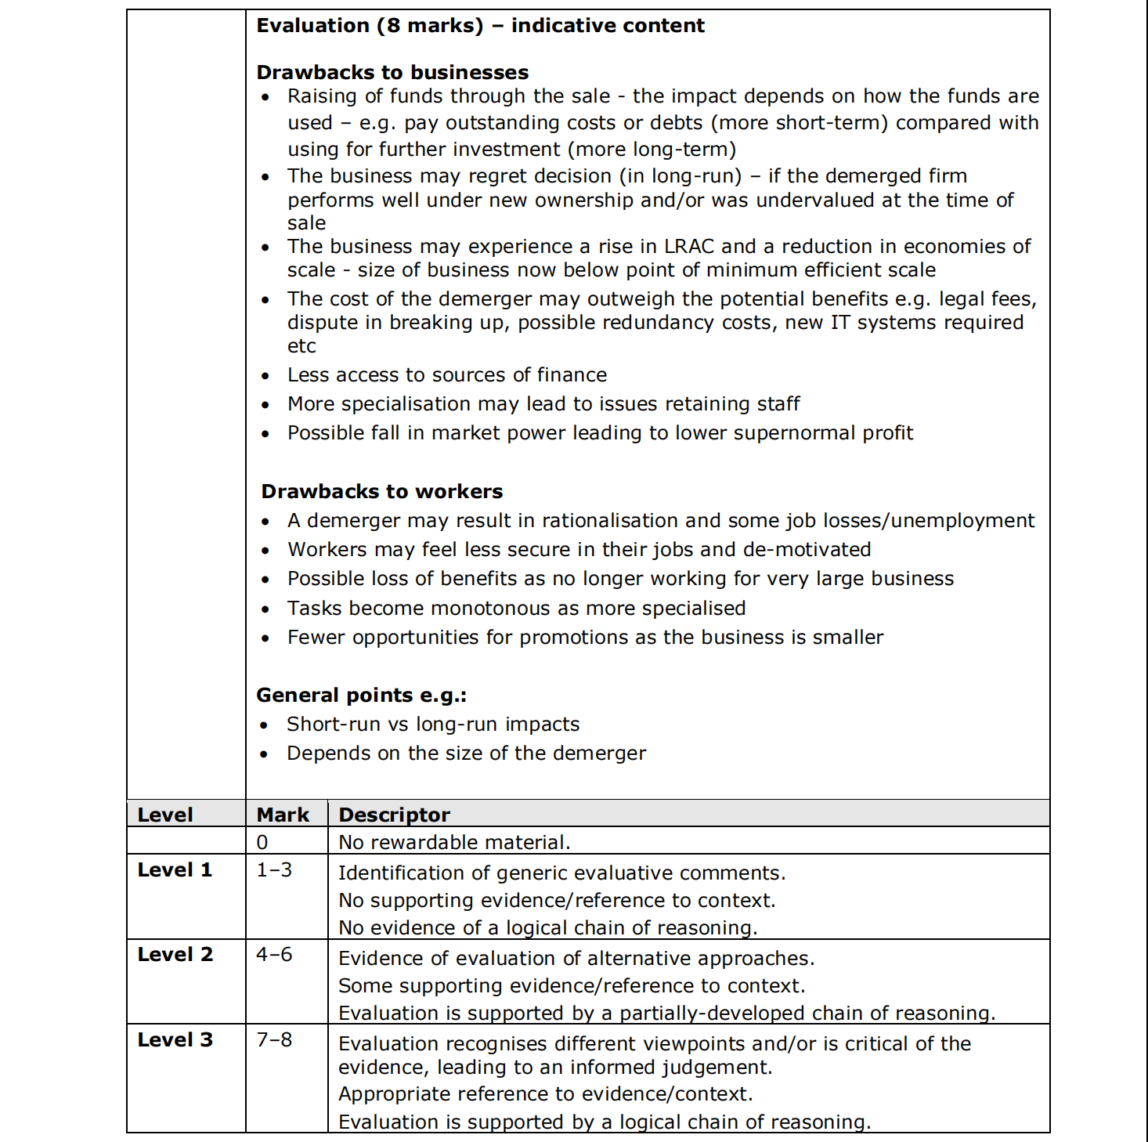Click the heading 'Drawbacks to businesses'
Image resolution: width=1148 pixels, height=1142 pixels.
point(392,73)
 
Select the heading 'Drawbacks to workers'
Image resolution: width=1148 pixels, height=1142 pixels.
point(381,492)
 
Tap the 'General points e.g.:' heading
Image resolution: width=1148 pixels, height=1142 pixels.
point(361,696)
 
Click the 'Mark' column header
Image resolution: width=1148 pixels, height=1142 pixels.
point(283,815)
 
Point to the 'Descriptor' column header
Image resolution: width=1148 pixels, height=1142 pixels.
point(394,815)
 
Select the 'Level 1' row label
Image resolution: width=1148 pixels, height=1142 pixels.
point(175,870)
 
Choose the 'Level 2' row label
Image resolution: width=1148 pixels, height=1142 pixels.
point(175,955)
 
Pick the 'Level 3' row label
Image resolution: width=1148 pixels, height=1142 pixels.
point(175,1040)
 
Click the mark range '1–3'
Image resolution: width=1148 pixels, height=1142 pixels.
point(274,870)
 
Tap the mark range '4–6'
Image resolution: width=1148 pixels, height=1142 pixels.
point(274,955)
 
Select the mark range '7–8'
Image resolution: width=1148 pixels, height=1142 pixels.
point(274,1040)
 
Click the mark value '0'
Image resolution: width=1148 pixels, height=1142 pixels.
point(262,843)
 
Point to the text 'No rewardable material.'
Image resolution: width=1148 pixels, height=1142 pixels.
point(454,843)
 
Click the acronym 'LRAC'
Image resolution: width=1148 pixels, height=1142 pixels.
point(688,247)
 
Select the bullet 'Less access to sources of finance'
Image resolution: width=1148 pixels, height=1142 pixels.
point(447,375)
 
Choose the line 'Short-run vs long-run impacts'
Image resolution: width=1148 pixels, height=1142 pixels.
point(433,725)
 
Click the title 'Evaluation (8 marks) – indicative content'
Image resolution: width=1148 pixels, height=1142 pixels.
point(480,26)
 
